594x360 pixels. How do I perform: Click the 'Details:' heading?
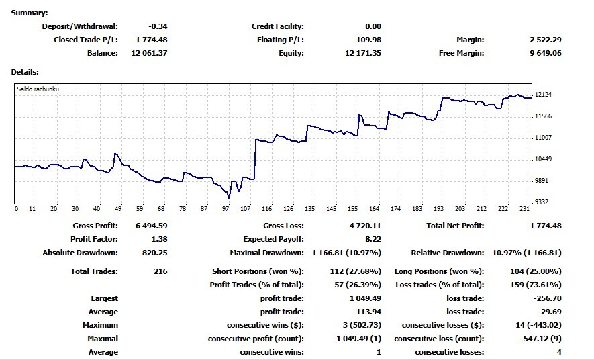point(25,71)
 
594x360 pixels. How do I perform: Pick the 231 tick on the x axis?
point(524,209)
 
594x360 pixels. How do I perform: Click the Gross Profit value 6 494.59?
point(149,226)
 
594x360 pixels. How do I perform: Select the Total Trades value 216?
point(159,271)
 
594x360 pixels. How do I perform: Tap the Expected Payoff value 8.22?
point(373,239)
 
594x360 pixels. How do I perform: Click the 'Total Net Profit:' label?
point(455,226)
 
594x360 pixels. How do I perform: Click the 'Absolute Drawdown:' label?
point(80,253)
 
